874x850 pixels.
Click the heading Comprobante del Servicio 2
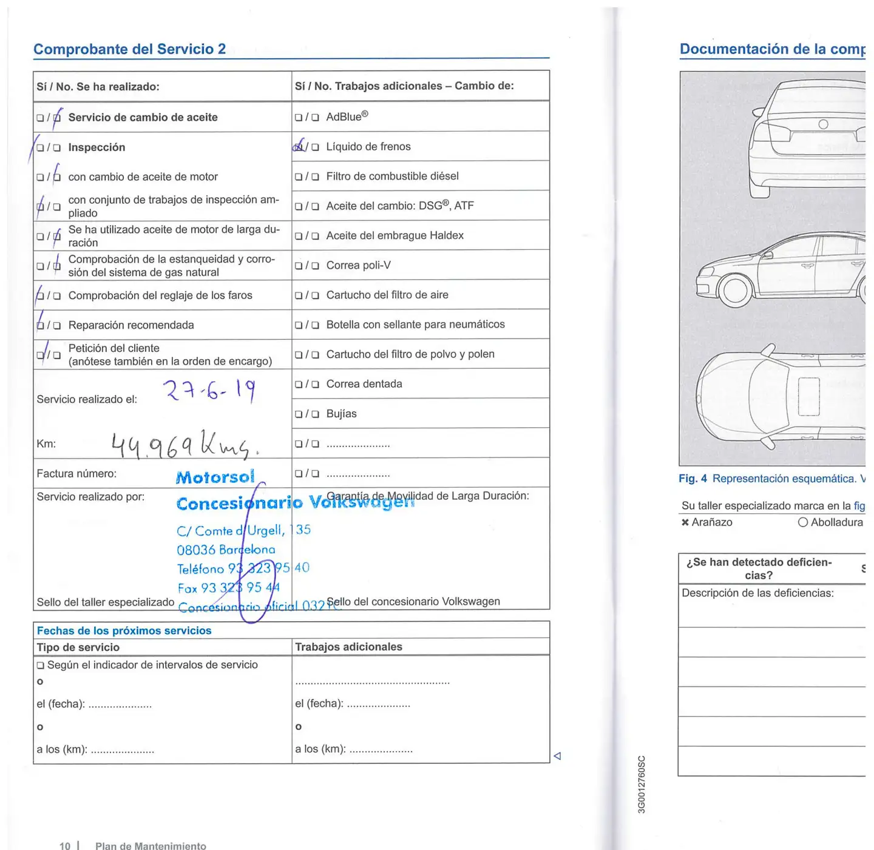coord(129,49)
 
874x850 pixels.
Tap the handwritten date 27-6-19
coord(209,391)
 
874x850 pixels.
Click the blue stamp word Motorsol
coord(215,477)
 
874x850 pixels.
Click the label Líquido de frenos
coord(368,146)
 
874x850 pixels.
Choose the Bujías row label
coord(341,414)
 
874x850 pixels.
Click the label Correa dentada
coord(364,384)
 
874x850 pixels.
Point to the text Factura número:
coord(76,473)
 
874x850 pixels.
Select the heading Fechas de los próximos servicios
coord(124,630)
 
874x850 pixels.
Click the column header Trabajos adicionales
coord(348,647)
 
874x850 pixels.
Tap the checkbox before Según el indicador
coord(41,666)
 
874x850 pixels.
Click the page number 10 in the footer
coord(65,845)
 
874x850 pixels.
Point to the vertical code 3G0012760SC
coord(642,784)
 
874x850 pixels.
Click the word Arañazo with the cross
coord(711,522)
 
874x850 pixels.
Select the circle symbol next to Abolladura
coord(802,522)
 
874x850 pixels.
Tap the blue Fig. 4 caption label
coord(693,479)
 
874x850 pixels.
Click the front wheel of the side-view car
coord(736,290)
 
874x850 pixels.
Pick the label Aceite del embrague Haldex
coord(395,235)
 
